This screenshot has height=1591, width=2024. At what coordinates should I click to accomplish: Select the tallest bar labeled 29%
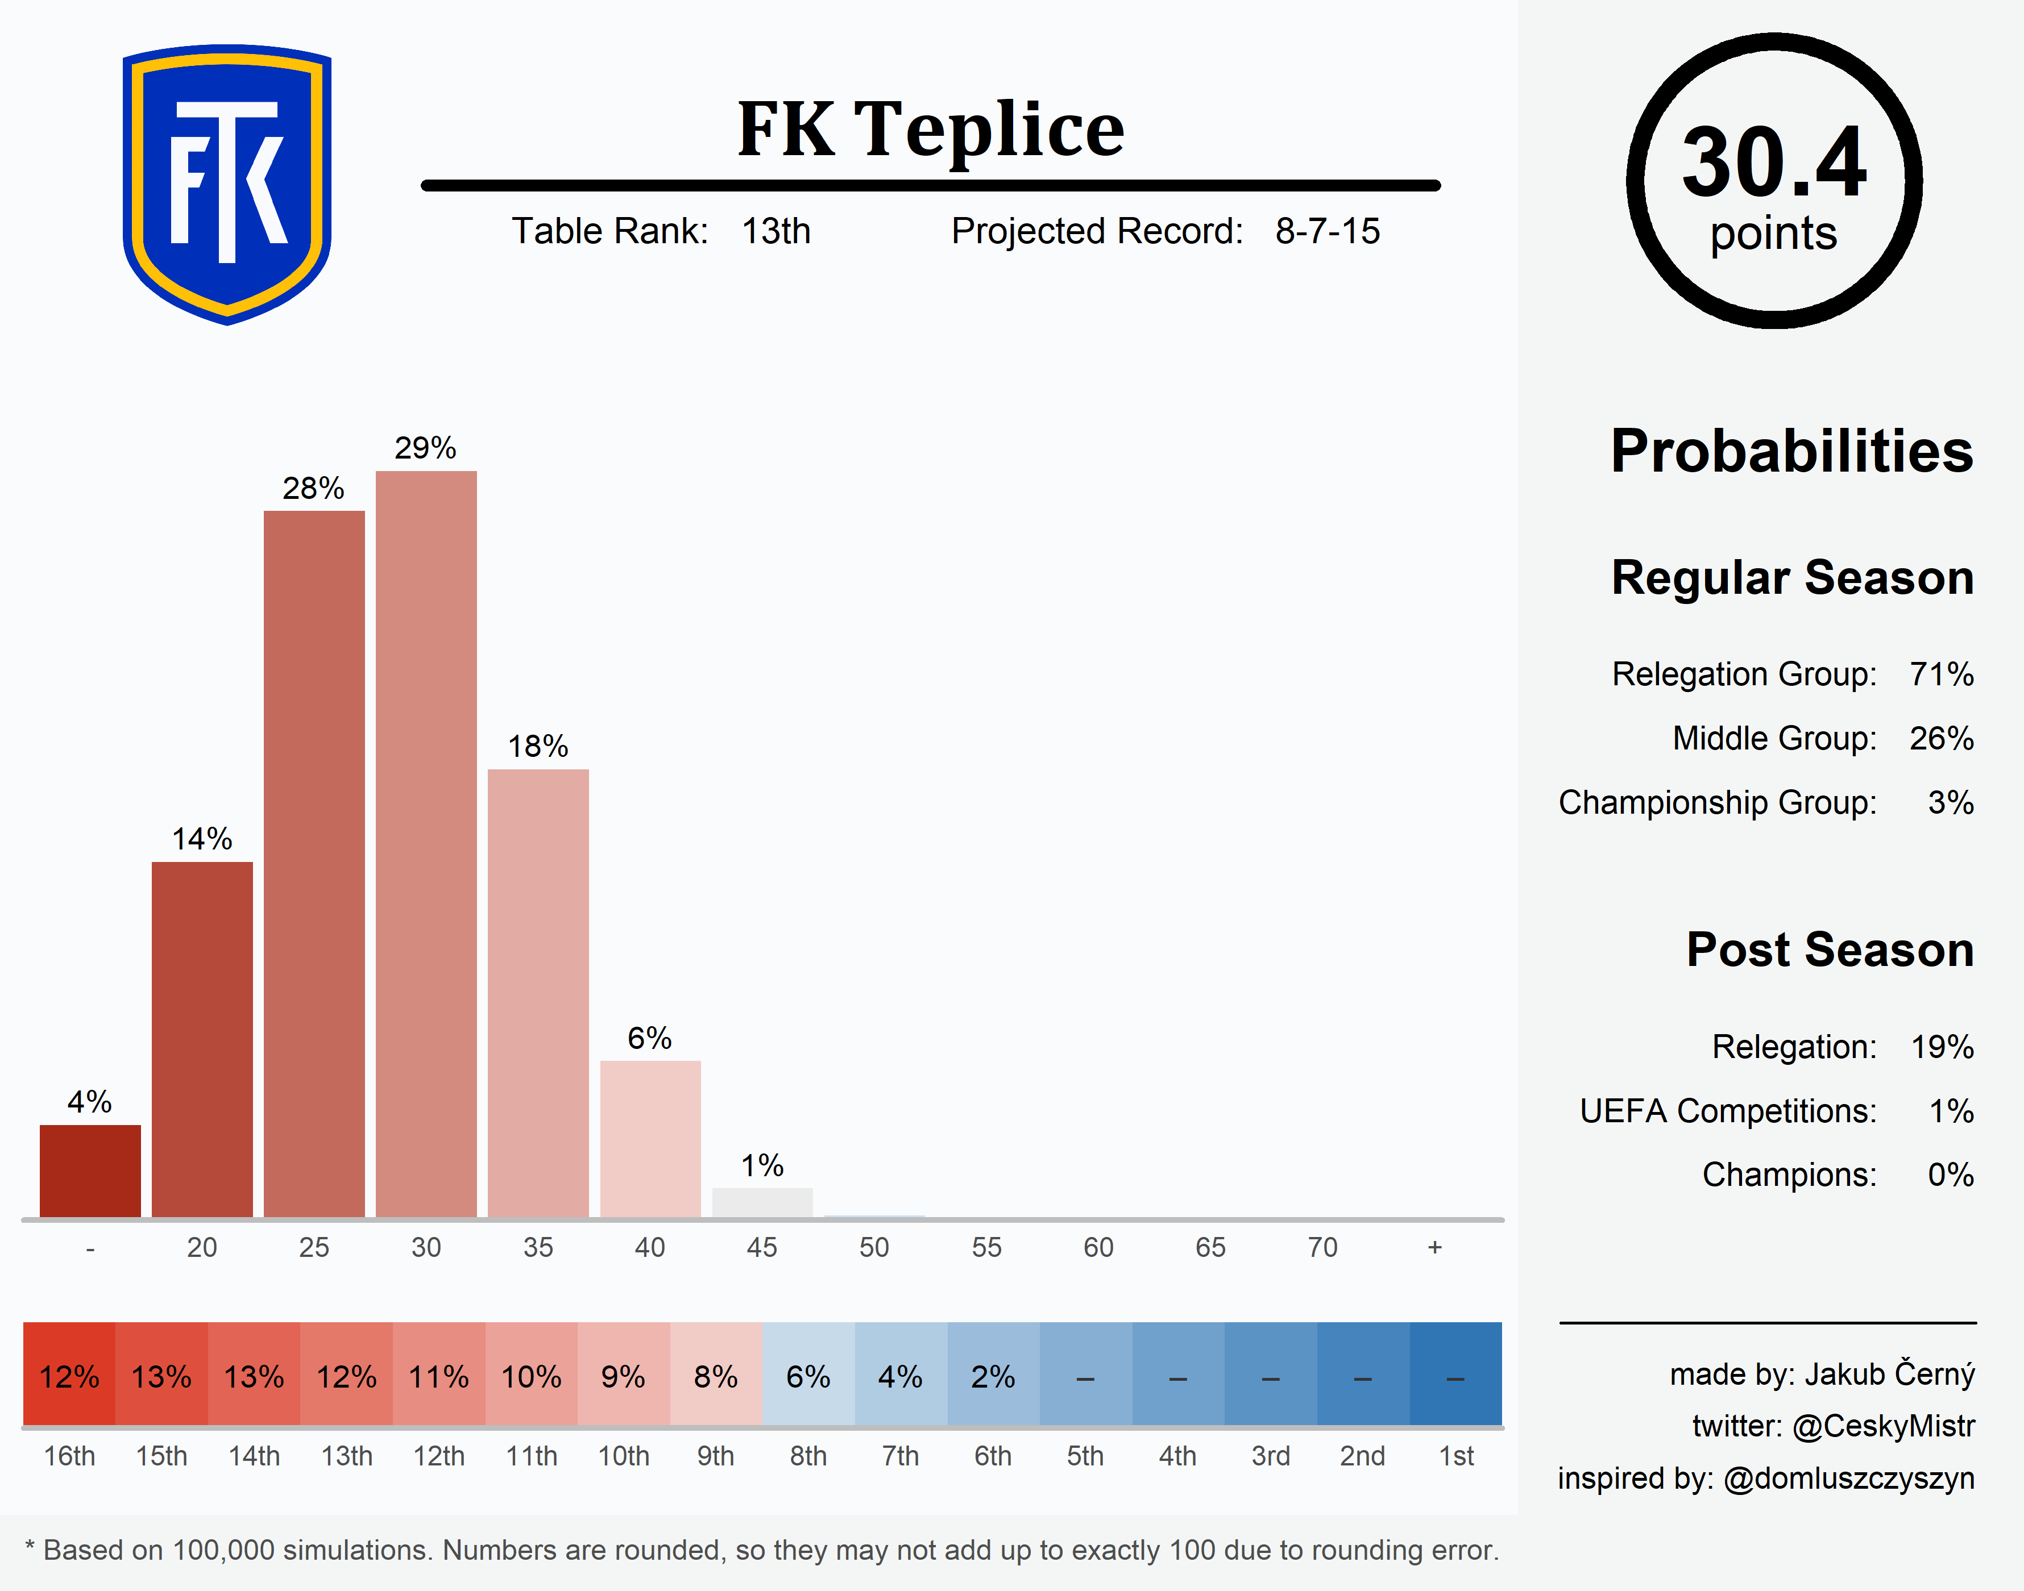pyautogui.click(x=426, y=843)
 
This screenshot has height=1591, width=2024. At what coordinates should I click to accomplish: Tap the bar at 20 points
pyautogui.click(x=202, y=1039)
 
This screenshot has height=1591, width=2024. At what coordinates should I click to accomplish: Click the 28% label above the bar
pyautogui.click(x=313, y=488)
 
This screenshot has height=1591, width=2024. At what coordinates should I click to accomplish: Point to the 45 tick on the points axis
pyautogui.click(x=761, y=1247)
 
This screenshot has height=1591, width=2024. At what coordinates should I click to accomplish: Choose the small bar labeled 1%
pyautogui.click(x=762, y=1202)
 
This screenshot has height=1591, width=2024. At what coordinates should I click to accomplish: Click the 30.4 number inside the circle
pyautogui.click(x=1773, y=163)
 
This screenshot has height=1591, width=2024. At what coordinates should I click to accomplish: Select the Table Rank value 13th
pyautogui.click(x=775, y=231)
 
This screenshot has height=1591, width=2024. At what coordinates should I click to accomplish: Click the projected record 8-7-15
pyautogui.click(x=1327, y=231)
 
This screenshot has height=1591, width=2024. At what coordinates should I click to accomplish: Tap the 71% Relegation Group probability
pyautogui.click(x=1941, y=673)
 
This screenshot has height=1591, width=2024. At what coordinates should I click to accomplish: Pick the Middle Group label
pyautogui.click(x=1773, y=738)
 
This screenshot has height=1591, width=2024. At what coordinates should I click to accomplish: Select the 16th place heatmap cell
pyautogui.click(x=69, y=1375)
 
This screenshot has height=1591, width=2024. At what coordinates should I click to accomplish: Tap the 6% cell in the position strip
pyautogui.click(x=808, y=1375)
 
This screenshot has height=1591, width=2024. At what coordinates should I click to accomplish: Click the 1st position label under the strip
pyautogui.click(x=1455, y=1456)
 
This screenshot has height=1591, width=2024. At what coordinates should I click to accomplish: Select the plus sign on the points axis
pyautogui.click(x=1434, y=1247)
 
